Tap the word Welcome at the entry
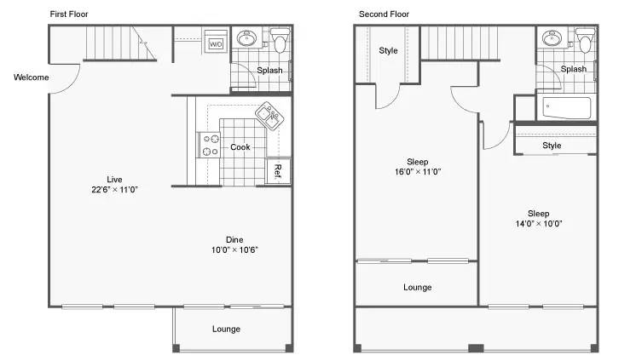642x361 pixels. (x=31, y=77)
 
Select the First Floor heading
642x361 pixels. (x=69, y=14)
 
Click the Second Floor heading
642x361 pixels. (x=384, y=14)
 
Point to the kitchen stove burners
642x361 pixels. (x=211, y=145)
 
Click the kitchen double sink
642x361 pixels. (x=269, y=116)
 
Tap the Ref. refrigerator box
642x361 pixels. (x=279, y=171)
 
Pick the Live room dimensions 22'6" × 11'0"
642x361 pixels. (x=114, y=190)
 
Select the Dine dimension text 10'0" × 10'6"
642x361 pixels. (x=234, y=249)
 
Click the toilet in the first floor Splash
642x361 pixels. (x=280, y=40)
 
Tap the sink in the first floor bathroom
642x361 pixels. (x=246, y=38)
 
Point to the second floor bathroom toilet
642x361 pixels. (x=585, y=40)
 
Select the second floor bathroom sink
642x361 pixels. (x=552, y=38)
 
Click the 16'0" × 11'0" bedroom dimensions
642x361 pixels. (x=418, y=172)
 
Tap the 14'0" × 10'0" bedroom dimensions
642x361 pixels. (x=539, y=224)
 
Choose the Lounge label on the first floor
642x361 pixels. (x=226, y=329)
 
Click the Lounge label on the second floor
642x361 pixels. (x=417, y=288)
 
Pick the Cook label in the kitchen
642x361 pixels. (x=240, y=147)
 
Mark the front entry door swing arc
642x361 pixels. (x=73, y=83)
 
